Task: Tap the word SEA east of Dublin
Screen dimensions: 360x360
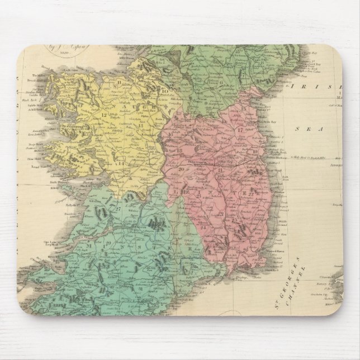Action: (306, 128)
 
